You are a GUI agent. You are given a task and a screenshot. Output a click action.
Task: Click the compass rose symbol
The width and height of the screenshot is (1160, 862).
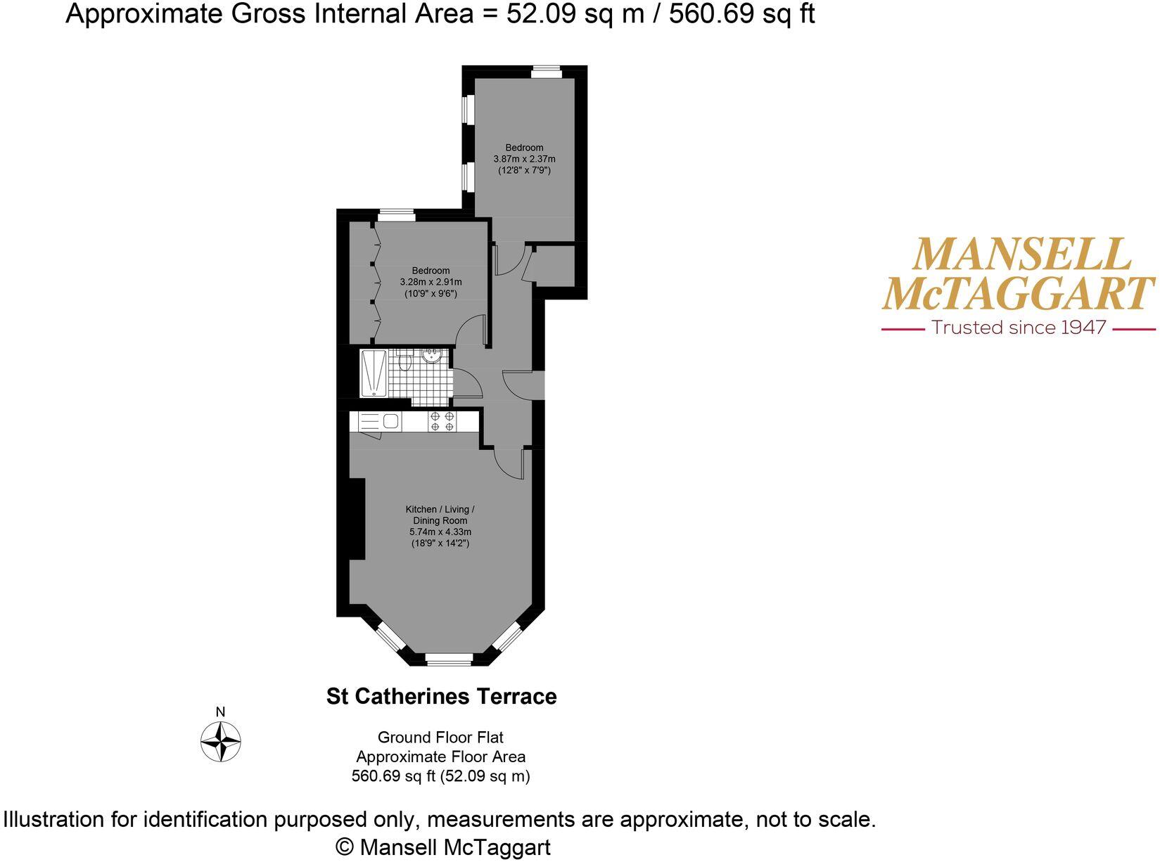point(221,742)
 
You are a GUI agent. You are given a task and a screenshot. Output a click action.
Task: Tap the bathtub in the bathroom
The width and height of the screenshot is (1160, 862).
point(374,373)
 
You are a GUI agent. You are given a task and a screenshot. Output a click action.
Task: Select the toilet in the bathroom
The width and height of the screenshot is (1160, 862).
point(404,361)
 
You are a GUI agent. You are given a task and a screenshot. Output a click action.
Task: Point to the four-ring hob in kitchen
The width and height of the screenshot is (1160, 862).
point(442,421)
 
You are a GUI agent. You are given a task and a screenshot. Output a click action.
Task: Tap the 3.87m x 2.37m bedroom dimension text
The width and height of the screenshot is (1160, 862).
point(524,159)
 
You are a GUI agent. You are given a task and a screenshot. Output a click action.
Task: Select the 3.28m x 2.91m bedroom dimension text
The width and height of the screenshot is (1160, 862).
point(431,282)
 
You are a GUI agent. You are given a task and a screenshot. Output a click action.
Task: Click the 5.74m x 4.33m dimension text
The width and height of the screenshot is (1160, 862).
point(440,532)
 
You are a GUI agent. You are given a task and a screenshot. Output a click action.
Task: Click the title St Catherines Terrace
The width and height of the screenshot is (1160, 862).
point(441,697)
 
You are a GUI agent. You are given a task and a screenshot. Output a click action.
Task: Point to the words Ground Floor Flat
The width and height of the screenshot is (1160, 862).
point(440,738)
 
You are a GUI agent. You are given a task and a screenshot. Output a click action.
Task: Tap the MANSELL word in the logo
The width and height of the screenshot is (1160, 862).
point(1021,255)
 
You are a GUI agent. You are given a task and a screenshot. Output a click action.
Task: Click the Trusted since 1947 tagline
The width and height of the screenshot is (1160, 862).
point(1018,328)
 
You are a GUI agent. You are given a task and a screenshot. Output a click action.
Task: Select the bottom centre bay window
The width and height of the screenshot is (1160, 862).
point(449,659)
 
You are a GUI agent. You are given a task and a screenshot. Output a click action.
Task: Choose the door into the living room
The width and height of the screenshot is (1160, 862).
point(509,464)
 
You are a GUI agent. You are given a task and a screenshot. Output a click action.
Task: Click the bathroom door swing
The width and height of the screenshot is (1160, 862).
point(467,383)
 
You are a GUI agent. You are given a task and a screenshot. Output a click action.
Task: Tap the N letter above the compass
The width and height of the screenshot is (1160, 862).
point(220,712)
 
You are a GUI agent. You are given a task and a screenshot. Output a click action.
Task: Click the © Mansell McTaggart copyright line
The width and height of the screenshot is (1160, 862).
point(443,847)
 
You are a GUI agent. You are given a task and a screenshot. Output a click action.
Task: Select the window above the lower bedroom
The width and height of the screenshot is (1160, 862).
point(395,214)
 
